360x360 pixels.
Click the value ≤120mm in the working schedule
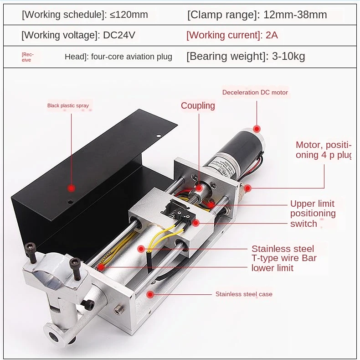tap(129, 15)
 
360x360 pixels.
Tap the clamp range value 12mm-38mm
tap(295, 15)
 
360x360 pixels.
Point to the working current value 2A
tap(272, 35)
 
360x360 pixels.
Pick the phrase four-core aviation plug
tap(131, 57)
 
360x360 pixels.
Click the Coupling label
tap(198, 106)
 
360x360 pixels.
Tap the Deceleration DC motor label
tap(255, 93)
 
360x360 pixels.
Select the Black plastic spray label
tap(68, 106)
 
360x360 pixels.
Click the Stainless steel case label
tap(244, 294)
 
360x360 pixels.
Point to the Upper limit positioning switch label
tap(312, 213)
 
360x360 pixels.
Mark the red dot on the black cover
tap(71, 188)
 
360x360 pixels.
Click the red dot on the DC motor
tap(257, 129)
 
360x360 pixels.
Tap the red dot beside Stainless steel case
tap(149, 294)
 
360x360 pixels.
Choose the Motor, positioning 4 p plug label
tap(324, 150)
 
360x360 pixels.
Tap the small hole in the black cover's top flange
tap(158, 136)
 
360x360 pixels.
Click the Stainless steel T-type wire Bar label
tap(284, 258)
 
